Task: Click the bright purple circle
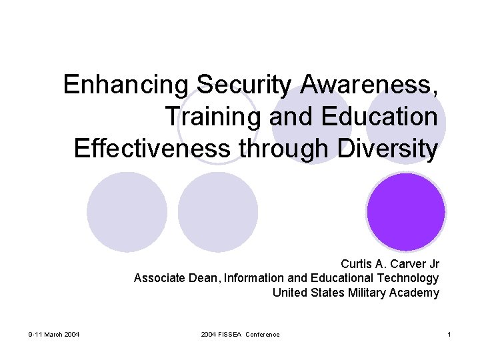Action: tap(406, 211)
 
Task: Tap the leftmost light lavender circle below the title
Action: tap(127, 211)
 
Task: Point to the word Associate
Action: tap(157, 278)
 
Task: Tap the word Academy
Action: tap(415, 293)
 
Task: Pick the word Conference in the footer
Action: tap(263, 334)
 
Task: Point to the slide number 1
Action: tap(449, 334)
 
